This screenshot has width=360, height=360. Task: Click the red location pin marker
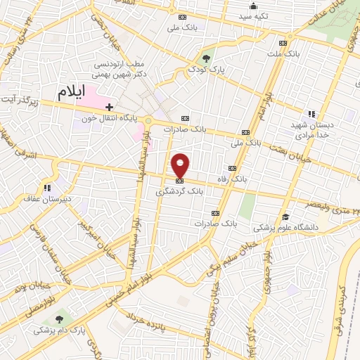pos(181,165)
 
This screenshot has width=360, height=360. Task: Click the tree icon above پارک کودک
pos(206,58)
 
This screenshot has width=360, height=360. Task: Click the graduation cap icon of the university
pos(285,217)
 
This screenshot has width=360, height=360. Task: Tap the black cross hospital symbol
pos(110,107)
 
